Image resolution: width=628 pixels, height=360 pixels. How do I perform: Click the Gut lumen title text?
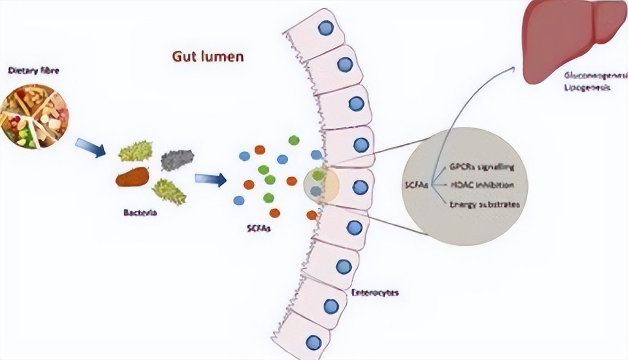[208, 56]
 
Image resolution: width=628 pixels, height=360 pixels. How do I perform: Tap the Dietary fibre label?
[34, 71]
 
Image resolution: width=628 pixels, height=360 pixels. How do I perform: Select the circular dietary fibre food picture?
[35, 116]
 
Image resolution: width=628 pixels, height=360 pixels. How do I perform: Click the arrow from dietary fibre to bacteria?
[90, 148]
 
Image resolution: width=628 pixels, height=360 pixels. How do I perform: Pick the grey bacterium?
[177, 160]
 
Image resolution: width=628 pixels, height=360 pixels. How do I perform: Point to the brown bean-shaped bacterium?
[132, 177]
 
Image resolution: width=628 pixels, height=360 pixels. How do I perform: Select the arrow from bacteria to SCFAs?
[210, 179]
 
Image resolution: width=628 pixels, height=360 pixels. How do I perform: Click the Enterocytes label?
[375, 293]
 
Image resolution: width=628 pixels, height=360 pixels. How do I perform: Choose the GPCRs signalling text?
[481, 167]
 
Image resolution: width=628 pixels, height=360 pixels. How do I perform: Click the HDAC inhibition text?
[482, 185]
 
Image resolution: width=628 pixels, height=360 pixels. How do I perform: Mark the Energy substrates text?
[483, 205]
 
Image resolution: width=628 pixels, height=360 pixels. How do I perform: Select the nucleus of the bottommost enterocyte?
[313, 342]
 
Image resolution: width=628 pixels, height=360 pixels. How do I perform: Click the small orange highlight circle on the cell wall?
[321, 184]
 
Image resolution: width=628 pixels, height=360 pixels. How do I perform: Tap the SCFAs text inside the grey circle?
[417, 185]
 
